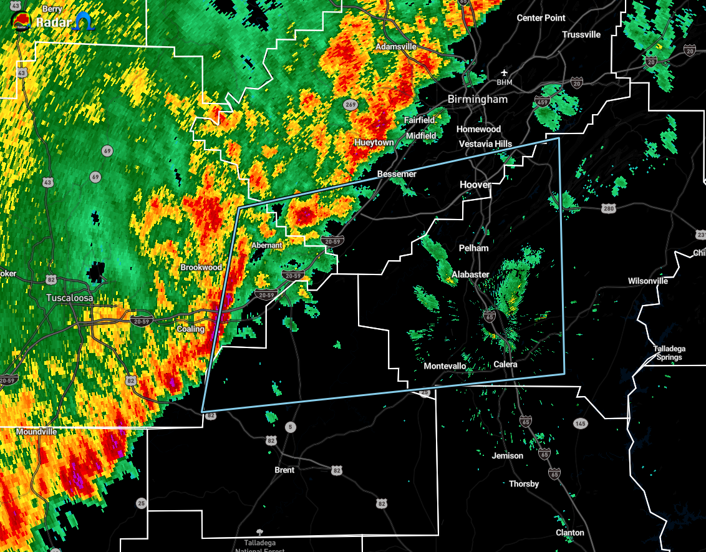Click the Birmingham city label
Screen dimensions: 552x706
point(478,99)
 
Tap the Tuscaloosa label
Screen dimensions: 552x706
point(70,298)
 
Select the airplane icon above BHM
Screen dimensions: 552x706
point(504,73)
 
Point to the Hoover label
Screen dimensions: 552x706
point(475,185)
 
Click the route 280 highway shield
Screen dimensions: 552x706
point(609,208)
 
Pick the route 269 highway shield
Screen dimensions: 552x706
point(352,105)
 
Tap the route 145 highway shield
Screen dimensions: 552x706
point(580,424)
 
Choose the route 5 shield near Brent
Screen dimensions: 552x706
point(289,427)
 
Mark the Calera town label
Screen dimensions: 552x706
point(505,364)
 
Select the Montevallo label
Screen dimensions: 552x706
point(445,366)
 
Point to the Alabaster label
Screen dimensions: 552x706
point(470,274)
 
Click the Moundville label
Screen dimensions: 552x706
point(36,432)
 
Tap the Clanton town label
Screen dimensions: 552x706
point(570,533)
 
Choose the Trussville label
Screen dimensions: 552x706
point(581,35)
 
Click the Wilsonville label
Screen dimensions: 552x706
point(648,281)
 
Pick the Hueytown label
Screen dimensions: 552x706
point(374,143)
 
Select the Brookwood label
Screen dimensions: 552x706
point(201,268)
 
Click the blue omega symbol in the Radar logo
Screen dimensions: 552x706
point(84,22)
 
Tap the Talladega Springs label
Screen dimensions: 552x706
point(669,353)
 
